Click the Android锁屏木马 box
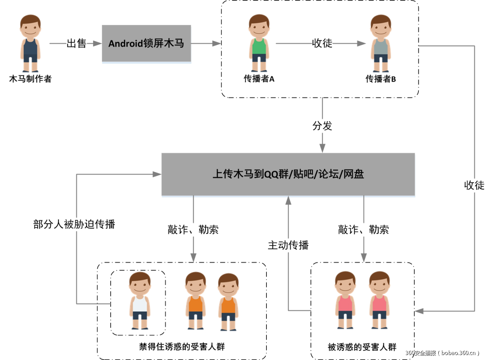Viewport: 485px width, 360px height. pyautogui.click(x=146, y=43)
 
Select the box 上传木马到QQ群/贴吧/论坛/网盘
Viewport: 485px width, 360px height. pyautogui.click(x=288, y=174)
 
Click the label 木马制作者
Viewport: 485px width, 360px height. pyautogui.click(x=30, y=79)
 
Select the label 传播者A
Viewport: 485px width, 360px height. pyautogui.click(x=259, y=79)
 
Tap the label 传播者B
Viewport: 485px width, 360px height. pyautogui.click(x=380, y=79)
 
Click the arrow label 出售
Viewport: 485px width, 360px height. pyautogui.click(x=76, y=44)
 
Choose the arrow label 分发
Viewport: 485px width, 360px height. pyautogui.click(x=322, y=125)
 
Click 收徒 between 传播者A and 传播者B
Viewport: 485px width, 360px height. pyautogui.click(x=322, y=44)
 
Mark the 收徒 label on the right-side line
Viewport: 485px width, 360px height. pyautogui.click(x=474, y=186)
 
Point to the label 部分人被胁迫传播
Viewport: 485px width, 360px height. pyautogui.click(x=74, y=224)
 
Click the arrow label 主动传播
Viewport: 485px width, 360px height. pyautogui.click(x=288, y=245)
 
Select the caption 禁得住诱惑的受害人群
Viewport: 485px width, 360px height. pyautogui.click(x=182, y=347)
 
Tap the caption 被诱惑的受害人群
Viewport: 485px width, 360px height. pyautogui.click(x=362, y=347)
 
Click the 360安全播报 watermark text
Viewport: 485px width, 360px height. pyautogui.click(x=443, y=353)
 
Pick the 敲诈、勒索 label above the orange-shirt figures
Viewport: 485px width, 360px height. pyautogui.click(x=193, y=230)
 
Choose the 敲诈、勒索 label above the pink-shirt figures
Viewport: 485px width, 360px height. pyautogui.click(x=364, y=230)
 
